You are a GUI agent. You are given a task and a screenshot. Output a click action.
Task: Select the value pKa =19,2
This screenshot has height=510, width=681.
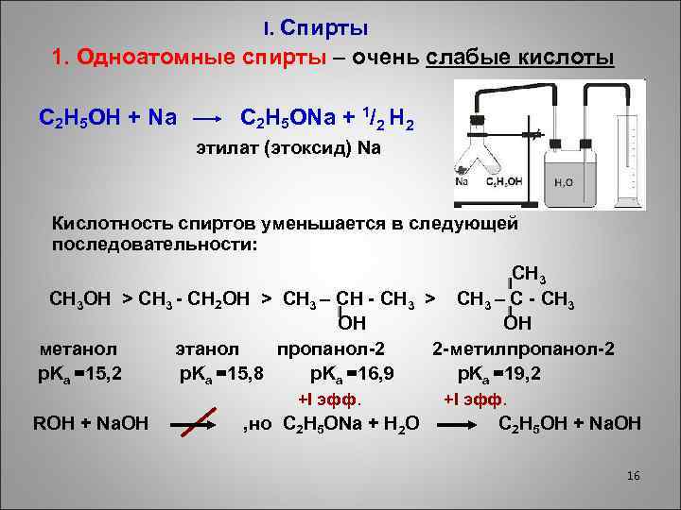(x=498, y=373)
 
